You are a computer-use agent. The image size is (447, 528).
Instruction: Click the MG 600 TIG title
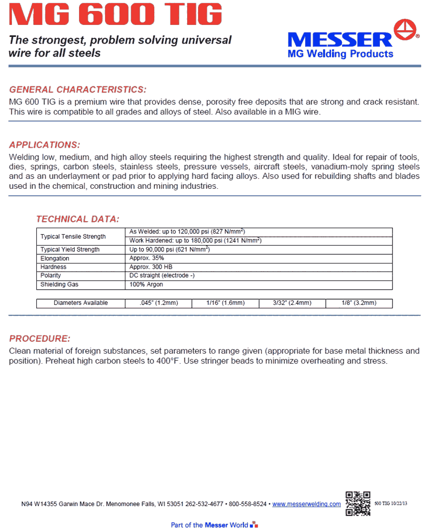(x=115, y=15)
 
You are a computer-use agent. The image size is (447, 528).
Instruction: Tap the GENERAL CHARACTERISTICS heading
(x=77, y=89)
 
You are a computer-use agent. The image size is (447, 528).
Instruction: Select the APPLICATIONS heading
(x=45, y=145)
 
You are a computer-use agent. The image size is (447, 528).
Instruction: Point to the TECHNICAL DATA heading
(x=77, y=219)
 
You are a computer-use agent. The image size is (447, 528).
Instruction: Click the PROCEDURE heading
(x=40, y=339)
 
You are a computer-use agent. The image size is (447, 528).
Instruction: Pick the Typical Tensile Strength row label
(x=73, y=237)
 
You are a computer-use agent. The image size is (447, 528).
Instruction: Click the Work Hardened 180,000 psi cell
(x=195, y=241)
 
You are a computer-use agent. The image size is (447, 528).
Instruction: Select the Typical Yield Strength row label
(x=70, y=250)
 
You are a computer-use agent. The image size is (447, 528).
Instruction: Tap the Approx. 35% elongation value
(x=147, y=259)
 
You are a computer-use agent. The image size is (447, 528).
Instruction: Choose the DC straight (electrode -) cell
(x=162, y=276)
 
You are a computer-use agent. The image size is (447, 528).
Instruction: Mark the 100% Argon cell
(x=146, y=285)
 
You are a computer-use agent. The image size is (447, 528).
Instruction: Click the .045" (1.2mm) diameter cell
(x=159, y=303)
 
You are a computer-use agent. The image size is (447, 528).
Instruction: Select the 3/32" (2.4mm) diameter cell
(x=292, y=303)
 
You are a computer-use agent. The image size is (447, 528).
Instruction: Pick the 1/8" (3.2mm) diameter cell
(x=359, y=303)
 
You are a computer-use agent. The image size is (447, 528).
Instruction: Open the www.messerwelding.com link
(x=307, y=504)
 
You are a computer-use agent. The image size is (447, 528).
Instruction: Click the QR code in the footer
(x=358, y=503)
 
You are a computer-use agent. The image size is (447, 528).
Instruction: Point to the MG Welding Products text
(x=340, y=54)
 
